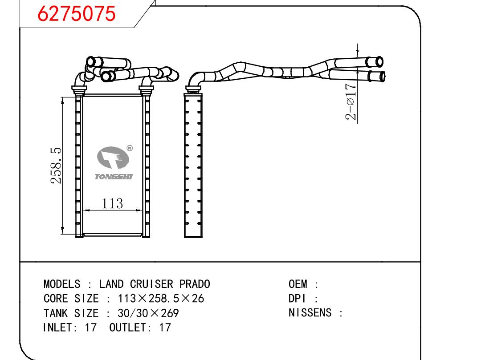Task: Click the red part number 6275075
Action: (76, 14)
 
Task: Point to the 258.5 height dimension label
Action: (56, 166)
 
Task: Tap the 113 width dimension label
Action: (112, 203)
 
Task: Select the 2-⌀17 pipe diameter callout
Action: (351, 101)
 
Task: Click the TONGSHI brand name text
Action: (114, 177)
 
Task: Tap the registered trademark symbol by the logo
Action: (130, 148)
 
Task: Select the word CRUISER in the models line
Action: (151, 284)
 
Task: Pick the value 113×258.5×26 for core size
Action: (161, 299)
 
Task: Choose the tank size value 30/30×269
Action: (148, 313)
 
